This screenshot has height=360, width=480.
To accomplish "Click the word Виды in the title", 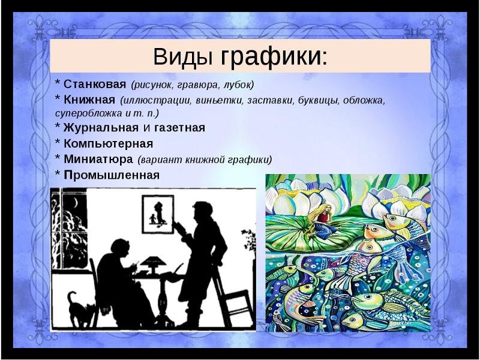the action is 183,56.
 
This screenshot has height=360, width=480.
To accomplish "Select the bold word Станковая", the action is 95,84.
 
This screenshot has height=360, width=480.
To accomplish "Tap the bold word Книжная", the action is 89,100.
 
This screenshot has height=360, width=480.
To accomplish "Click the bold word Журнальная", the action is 101,128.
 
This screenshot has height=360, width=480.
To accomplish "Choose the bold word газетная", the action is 179,128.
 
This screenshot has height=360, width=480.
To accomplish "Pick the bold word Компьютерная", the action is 109,143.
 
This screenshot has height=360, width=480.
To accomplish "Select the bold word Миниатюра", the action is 98,159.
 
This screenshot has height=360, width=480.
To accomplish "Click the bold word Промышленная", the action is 112,175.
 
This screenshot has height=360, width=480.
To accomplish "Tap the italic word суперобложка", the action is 89,113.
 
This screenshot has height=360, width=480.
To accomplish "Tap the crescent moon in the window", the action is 76,203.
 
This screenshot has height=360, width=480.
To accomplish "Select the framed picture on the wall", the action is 158,214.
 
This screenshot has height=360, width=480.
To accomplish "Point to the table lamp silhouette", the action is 153,264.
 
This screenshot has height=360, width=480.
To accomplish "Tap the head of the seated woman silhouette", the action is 121,250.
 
